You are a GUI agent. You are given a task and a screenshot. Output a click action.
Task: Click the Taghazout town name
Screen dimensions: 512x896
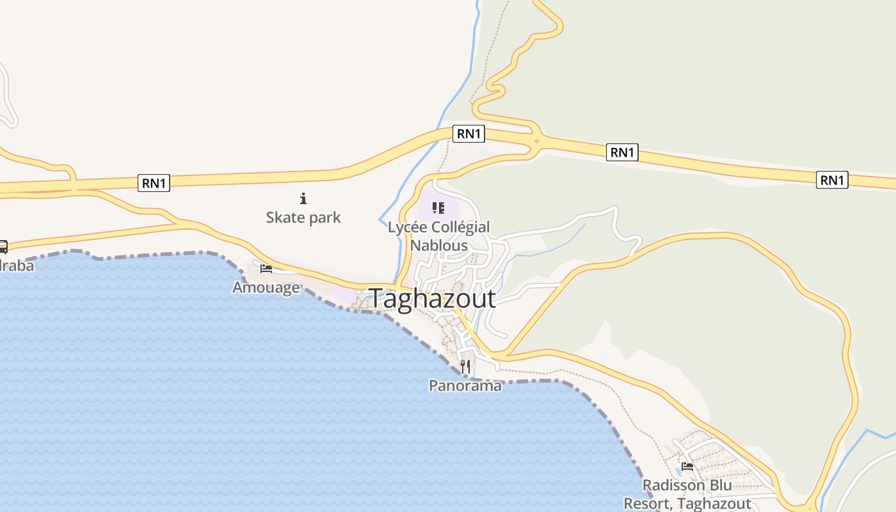[432, 299]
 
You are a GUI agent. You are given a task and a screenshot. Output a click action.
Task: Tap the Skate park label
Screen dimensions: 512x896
[303, 218]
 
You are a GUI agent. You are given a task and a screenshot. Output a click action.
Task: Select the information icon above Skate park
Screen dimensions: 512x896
[303, 198]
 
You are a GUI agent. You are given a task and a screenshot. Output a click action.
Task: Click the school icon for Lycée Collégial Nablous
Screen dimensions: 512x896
[438, 207]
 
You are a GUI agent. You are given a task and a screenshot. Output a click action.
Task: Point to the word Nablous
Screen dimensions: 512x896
[439, 245]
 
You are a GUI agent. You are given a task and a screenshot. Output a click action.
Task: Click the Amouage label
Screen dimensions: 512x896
[266, 287]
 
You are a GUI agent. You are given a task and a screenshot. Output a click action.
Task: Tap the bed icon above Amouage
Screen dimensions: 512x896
[266, 269]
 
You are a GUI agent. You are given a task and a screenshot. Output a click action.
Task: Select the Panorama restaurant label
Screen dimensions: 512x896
[465, 385]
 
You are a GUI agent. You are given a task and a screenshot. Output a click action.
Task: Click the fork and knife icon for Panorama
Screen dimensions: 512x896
[465, 367]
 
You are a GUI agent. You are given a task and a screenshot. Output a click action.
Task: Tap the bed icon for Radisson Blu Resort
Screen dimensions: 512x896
[687, 466]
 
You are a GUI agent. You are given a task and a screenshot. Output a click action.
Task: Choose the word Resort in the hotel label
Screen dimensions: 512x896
[648, 504]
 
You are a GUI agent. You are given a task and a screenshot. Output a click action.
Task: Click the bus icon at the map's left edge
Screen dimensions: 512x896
[3, 247]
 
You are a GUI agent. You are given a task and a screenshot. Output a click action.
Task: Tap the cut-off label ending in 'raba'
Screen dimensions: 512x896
[17, 265]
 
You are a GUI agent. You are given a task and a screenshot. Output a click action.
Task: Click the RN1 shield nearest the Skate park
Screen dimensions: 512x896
[154, 184]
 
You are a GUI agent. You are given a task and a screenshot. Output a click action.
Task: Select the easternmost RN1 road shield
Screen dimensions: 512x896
[832, 180]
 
